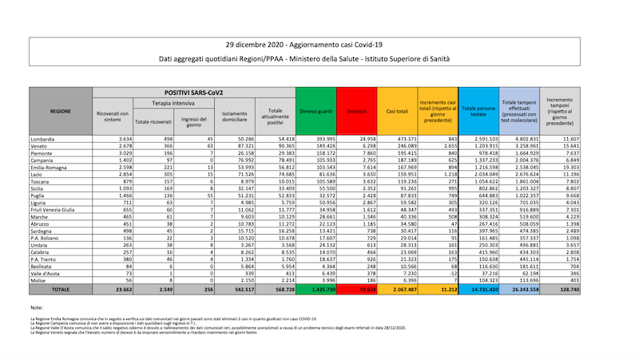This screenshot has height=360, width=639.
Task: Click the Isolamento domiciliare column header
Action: tap(234, 117)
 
